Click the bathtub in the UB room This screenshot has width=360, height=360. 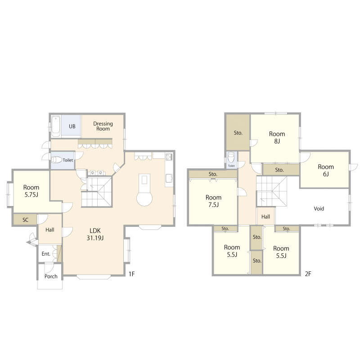(56, 126)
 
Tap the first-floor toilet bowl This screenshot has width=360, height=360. (57, 160)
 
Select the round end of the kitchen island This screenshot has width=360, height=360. (144, 198)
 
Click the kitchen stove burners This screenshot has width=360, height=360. (169, 157)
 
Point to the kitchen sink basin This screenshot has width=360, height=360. (169, 177)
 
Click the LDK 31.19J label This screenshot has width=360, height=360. (95, 234)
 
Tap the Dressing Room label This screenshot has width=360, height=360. (103, 126)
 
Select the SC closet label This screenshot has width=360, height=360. (25, 220)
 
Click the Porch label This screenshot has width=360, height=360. (51, 276)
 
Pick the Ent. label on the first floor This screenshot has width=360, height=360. (46, 254)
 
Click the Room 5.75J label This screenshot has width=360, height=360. (31, 191)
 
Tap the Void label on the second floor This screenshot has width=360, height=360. (319, 208)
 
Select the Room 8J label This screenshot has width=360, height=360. (277, 137)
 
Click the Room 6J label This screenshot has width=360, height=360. (325, 170)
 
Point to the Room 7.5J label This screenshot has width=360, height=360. (213, 201)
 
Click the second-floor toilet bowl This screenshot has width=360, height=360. (231, 157)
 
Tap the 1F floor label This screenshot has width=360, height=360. (131, 274)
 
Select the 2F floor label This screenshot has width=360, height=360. (308, 274)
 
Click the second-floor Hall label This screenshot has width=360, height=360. (265, 216)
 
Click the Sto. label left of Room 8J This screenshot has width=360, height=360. (238, 133)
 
